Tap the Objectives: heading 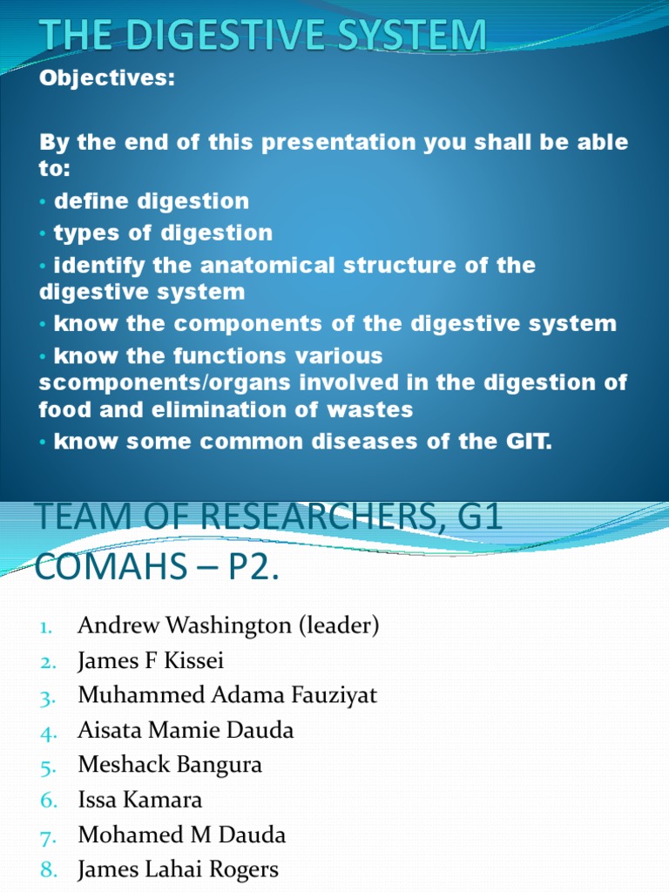pos(107,78)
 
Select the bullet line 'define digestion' pos(152,201)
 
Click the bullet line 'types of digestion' pos(163,233)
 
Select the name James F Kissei pos(151,661)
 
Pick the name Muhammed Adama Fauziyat pos(227,696)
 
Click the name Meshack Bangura pos(170,766)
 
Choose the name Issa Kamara pos(139,801)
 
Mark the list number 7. pos(48,836)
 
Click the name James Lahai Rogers pos(178,870)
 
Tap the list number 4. pos(48,732)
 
